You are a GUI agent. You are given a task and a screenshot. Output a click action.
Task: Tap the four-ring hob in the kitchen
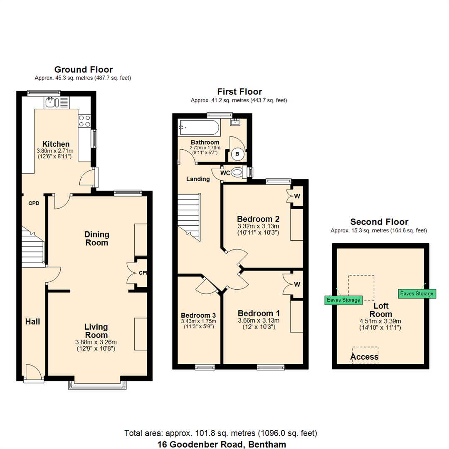pyautogui.click(x=84, y=121)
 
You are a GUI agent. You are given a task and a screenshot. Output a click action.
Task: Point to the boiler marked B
pyautogui.click(x=237, y=153)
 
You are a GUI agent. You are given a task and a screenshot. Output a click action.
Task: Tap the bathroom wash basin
pyautogui.click(x=237, y=121)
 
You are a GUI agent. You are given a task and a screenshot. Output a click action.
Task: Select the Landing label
pyautogui.click(x=198, y=179)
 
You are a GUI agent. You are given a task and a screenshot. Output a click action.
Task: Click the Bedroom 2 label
pyautogui.click(x=258, y=219)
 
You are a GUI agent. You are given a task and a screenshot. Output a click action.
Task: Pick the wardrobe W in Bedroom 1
pyautogui.click(x=296, y=284)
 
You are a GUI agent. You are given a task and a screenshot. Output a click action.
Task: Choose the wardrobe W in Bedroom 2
pyautogui.click(x=296, y=196)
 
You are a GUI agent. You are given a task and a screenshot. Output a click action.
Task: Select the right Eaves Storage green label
pyautogui.click(x=417, y=294)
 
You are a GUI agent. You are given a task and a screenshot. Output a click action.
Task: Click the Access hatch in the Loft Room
pyautogui.click(x=365, y=356)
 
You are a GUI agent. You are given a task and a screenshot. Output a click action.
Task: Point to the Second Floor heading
pyautogui.click(x=379, y=222)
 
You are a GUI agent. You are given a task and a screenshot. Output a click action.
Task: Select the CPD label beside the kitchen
pyautogui.click(x=33, y=204)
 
